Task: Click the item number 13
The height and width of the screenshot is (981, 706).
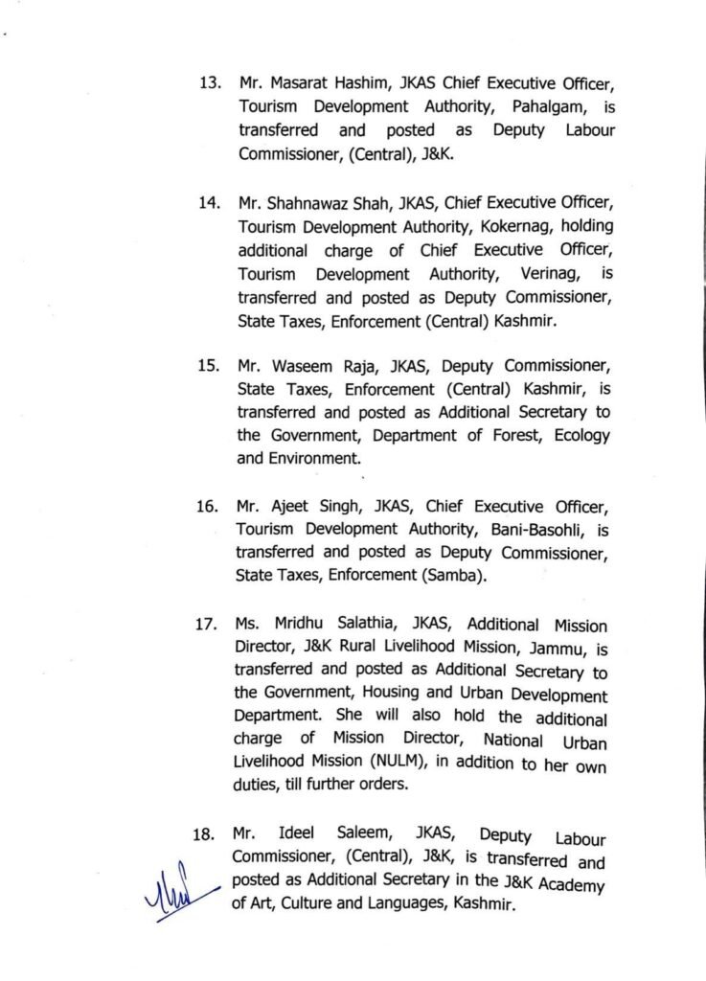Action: tap(210, 82)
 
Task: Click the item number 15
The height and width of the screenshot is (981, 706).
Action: tap(210, 366)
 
